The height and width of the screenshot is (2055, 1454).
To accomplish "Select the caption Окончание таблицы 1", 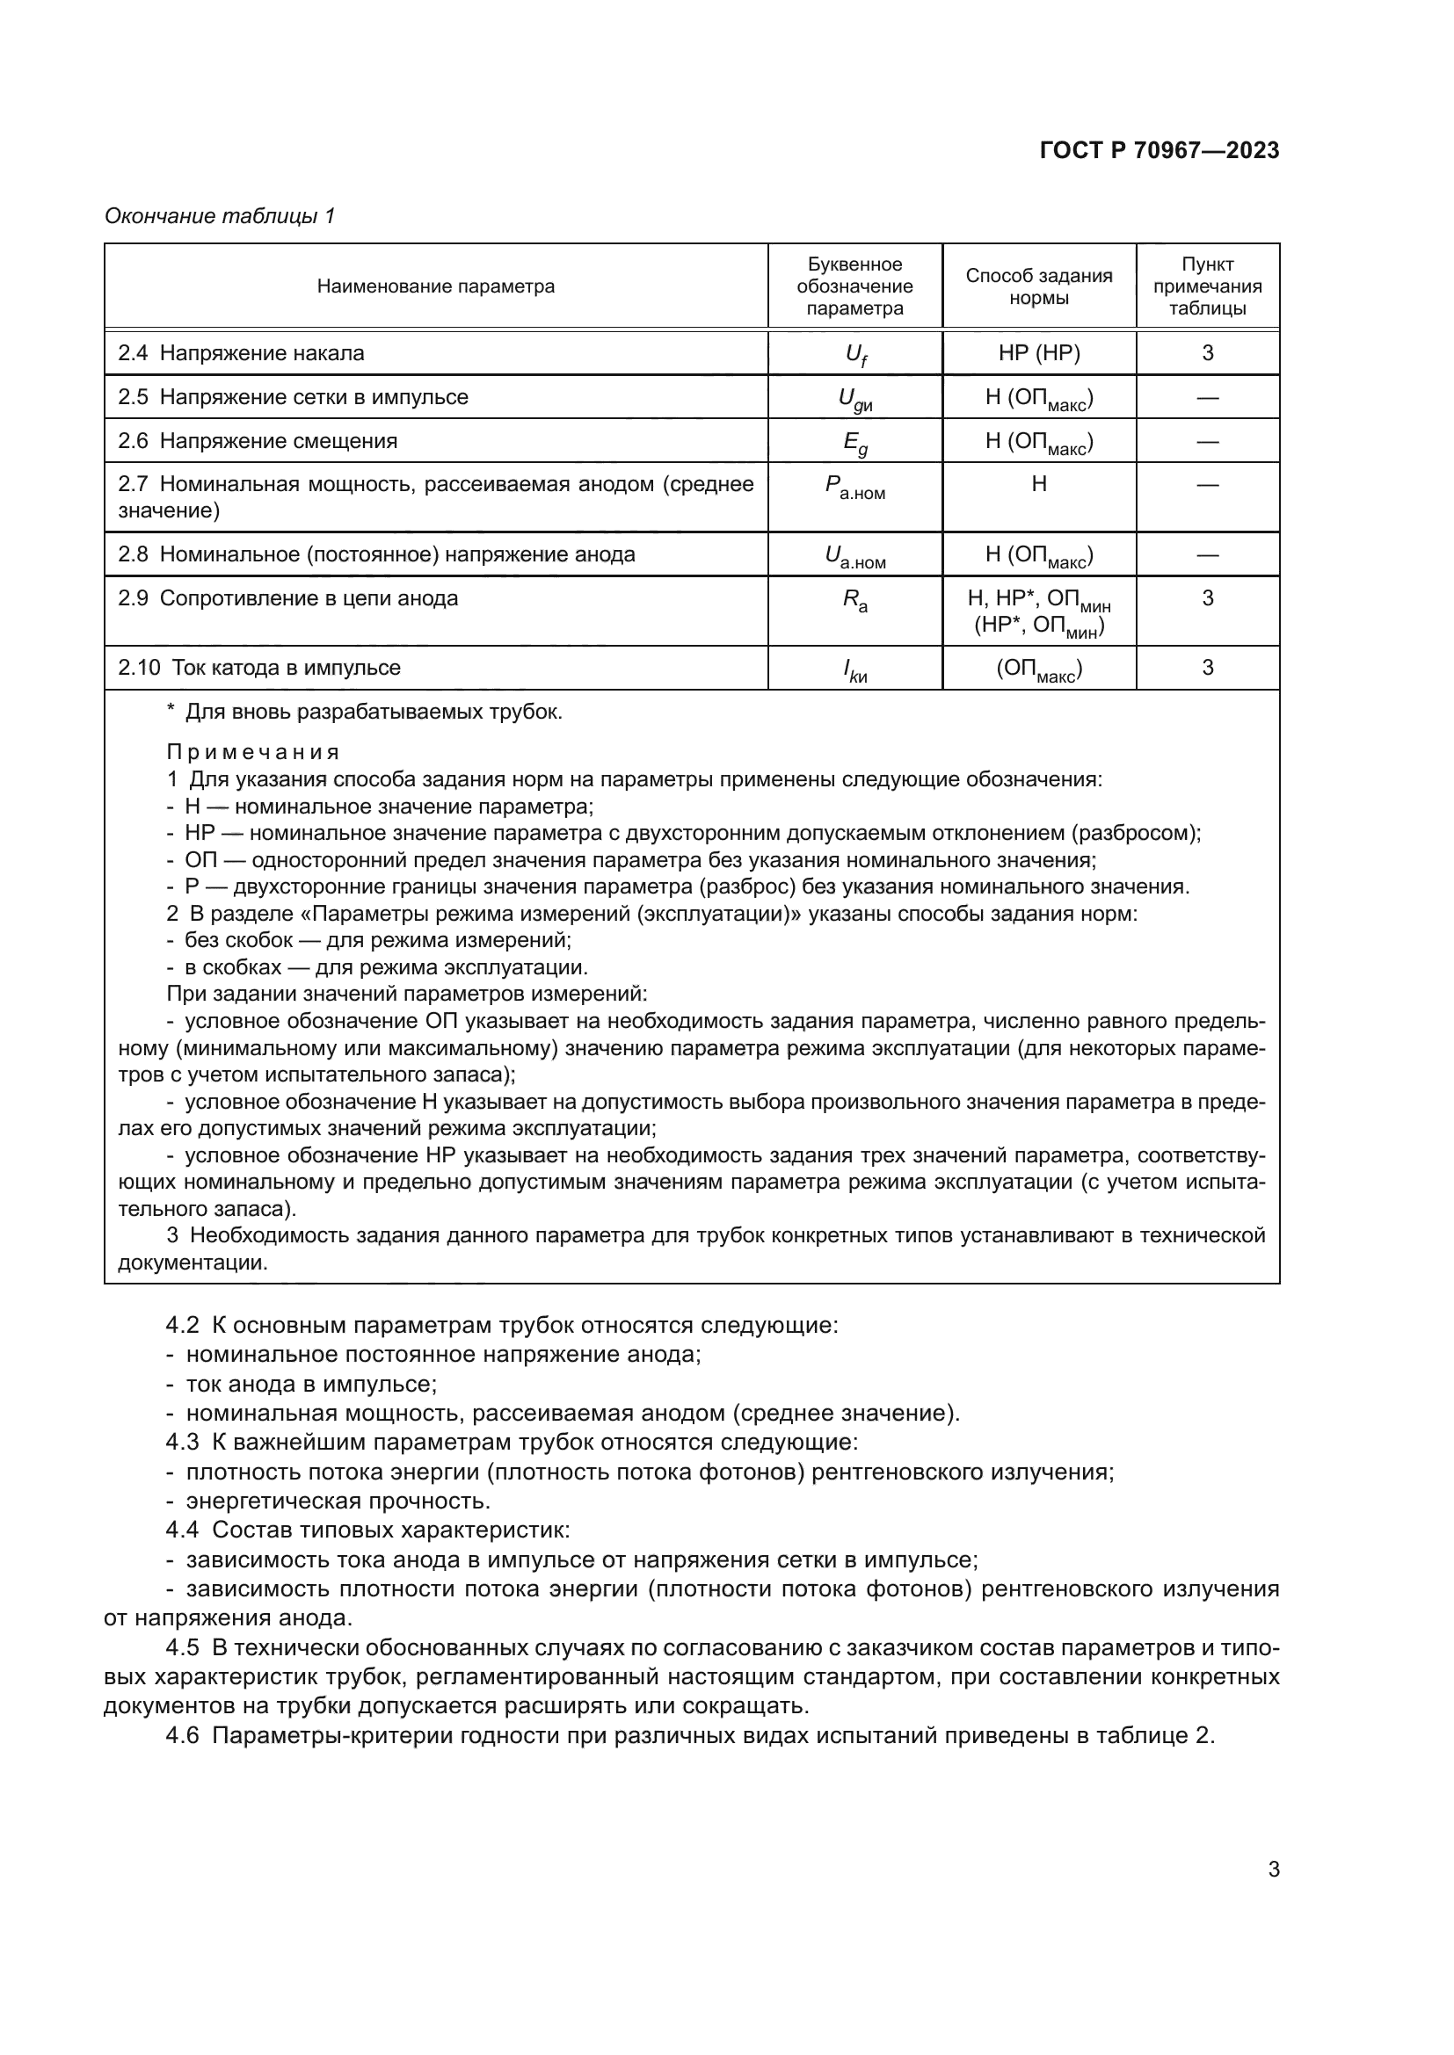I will click(220, 216).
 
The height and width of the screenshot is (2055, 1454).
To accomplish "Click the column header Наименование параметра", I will click(435, 286).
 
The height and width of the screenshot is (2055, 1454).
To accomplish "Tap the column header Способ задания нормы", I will click(1038, 286).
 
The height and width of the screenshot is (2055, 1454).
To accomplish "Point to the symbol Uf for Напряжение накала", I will click(855, 354).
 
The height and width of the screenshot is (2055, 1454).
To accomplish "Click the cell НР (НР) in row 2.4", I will click(1038, 352).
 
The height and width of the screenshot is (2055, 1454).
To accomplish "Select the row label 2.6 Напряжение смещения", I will click(258, 441).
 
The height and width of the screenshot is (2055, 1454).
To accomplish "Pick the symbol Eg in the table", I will click(855, 442).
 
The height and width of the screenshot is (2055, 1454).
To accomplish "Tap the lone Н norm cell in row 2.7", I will click(1038, 484).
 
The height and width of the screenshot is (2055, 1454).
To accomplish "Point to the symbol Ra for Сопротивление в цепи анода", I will click(855, 601).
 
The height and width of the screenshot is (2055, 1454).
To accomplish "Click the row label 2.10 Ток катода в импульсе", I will click(259, 668).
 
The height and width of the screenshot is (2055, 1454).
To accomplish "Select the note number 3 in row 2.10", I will click(1207, 667).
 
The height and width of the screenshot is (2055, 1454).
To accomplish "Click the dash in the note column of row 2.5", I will click(1207, 397).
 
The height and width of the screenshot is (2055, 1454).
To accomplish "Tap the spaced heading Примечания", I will click(253, 752).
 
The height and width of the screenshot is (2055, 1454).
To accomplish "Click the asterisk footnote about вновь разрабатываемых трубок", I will click(366, 713).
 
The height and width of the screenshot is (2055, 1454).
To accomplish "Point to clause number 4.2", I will click(182, 1326).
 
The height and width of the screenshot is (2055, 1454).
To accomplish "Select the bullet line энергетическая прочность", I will click(338, 1501).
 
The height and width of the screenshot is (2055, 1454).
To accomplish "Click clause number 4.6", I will click(182, 1735).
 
